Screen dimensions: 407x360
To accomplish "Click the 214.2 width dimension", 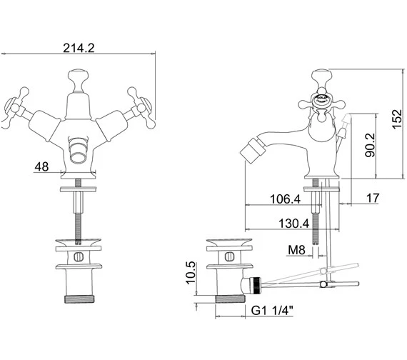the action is click(x=79, y=48).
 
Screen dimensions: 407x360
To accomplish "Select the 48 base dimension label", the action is click(x=41, y=166).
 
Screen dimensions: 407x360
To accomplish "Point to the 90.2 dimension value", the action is click(x=370, y=145).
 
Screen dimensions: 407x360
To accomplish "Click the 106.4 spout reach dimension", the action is click(x=285, y=199).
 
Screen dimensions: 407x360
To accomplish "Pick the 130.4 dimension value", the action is click(x=294, y=224).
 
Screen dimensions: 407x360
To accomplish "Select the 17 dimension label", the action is click(x=373, y=198).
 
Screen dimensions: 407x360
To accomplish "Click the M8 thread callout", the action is click(x=296, y=250).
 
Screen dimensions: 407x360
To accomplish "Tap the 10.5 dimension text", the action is click(x=191, y=272).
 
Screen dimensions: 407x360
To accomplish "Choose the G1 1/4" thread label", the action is click(x=272, y=311).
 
